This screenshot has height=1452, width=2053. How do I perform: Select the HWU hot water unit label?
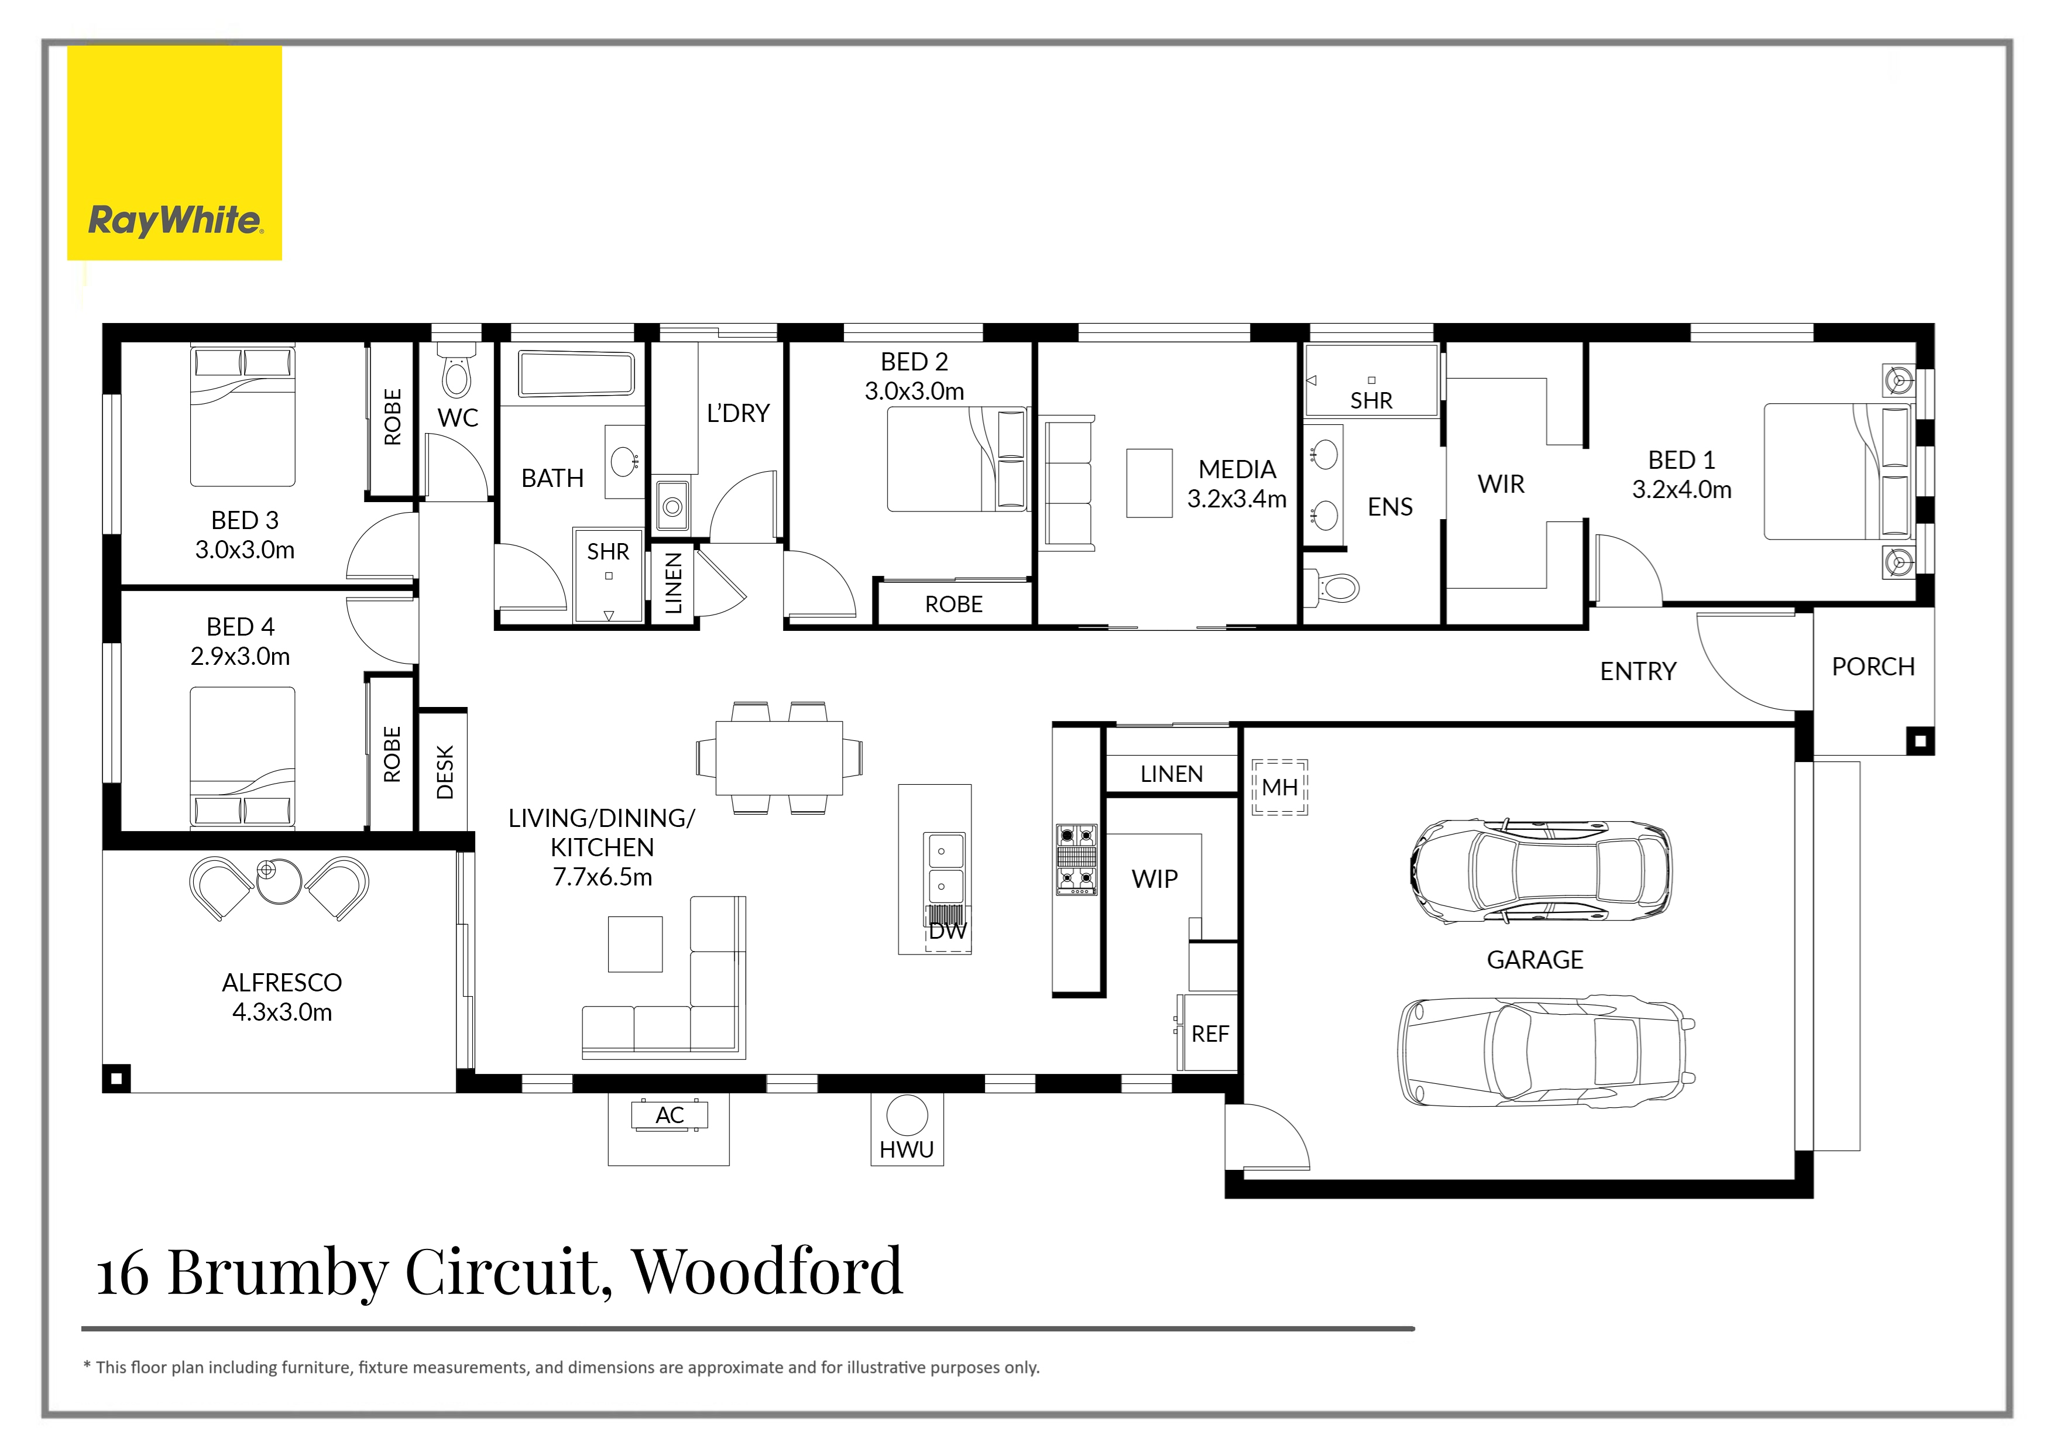point(906,1150)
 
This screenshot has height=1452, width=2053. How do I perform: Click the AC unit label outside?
point(669,1115)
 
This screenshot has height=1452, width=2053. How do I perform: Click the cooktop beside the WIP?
point(1077,859)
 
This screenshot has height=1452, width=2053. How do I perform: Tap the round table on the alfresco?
point(278,881)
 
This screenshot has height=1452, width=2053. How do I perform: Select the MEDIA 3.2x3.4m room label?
point(1237,483)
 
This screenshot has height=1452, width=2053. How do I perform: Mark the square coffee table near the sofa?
point(635,943)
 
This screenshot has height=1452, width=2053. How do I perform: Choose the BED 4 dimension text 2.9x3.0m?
point(239,656)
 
